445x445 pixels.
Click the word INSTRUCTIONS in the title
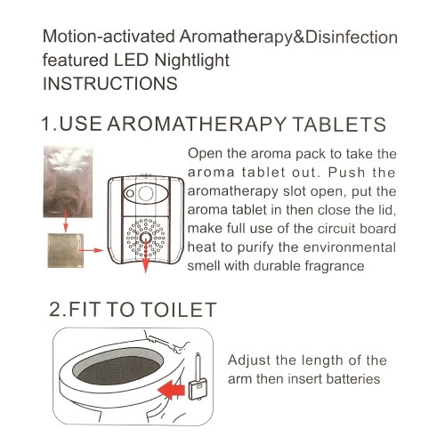coord(110,84)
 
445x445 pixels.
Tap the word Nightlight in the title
coord(192,61)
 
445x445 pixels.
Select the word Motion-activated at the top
coord(109,37)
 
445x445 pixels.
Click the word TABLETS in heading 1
coord(339,124)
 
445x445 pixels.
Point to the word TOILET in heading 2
coord(179,310)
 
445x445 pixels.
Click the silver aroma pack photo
coord(68,182)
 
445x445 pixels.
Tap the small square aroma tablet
coord(66,251)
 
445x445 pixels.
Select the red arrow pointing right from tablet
coord(91,250)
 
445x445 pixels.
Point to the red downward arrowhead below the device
coord(145,266)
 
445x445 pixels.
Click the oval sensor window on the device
coord(146,193)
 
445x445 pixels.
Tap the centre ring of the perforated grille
coord(145,238)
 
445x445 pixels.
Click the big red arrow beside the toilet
coord(172,390)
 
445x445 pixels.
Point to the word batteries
coord(352,379)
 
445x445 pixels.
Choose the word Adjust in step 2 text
coord(249,361)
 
